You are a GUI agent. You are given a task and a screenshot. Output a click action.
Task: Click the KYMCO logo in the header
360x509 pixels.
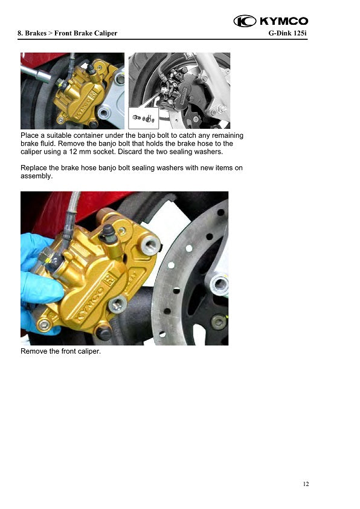point(271,21)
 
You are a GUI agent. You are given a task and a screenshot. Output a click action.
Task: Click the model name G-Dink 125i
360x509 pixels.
point(288,33)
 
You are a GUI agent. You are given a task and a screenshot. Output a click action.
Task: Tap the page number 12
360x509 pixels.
point(306,484)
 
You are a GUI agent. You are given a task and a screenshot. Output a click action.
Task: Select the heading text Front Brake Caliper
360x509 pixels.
point(86,33)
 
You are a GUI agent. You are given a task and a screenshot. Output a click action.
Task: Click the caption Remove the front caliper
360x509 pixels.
point(60,351)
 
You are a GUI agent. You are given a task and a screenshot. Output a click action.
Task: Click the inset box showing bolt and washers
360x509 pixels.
point(143,118)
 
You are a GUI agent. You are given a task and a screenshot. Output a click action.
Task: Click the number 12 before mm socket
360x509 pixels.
point(73,152)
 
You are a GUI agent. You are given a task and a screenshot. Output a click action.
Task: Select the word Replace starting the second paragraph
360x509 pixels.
point(33,168)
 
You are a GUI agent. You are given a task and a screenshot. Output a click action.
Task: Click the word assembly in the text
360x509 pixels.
point(36,176)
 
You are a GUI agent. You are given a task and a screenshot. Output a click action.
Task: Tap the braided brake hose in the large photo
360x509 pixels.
point(71,214)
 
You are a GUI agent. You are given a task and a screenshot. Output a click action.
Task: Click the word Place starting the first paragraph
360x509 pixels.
point(30,135)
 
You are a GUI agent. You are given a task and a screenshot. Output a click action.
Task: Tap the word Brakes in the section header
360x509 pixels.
point(36,33)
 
